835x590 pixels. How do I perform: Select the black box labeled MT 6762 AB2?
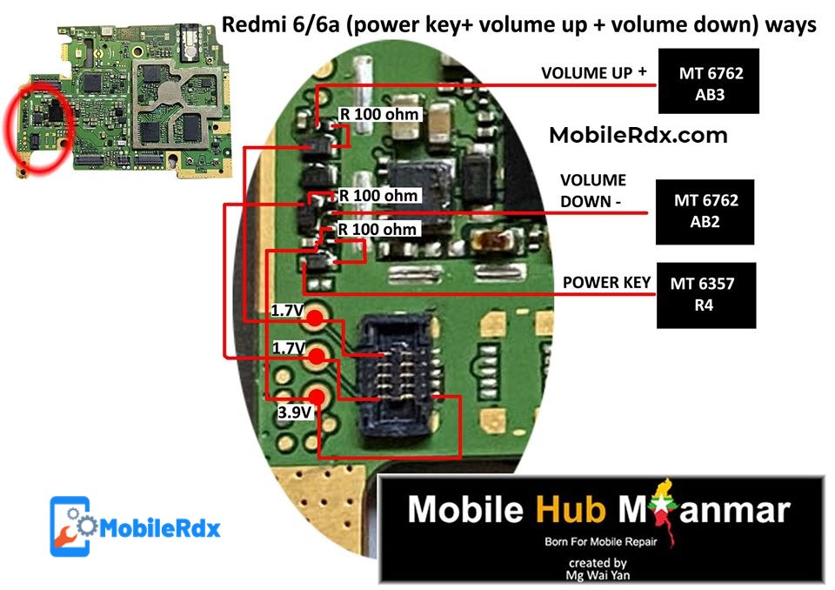pos(705,211)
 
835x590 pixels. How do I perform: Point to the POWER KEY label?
pos(606,283)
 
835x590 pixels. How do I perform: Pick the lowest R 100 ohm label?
pos(377,230)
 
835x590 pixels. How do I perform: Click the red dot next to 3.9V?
pos(316,397)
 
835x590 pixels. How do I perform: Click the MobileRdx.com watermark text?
pos(638,136)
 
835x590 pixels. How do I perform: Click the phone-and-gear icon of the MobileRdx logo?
pos(70,526)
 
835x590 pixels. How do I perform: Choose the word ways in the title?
pos(792,25)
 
